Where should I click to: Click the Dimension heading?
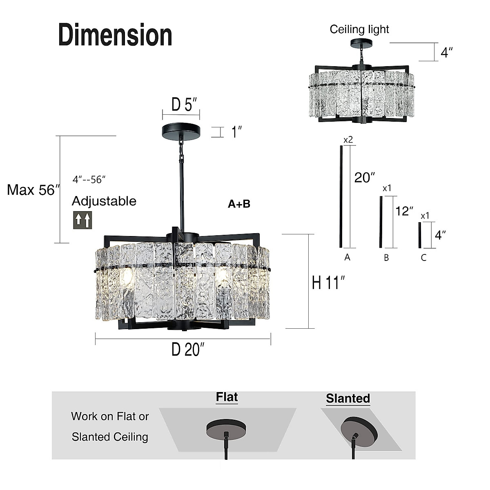point(115,35)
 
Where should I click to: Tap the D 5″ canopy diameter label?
point(184,105)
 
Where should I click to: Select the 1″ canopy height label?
point(237,132)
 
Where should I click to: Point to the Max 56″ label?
point(33,190)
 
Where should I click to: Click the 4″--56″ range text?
point(89,179)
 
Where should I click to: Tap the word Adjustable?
point(104,201)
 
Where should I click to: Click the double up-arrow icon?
point(82,220)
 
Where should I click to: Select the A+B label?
point(239,204)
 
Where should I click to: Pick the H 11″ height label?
point(328,283)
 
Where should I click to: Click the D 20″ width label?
point(188,350)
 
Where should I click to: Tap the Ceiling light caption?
point(359,29)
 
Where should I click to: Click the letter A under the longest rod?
point(347,257)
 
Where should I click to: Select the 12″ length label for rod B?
point(404,211)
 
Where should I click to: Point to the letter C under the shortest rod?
point(423,258)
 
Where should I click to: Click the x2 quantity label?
point(348,140)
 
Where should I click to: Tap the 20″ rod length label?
point(364,178)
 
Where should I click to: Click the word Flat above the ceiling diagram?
point(227,397)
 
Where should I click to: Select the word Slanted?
point(348,399)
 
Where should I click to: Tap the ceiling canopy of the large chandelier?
point(181,131)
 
